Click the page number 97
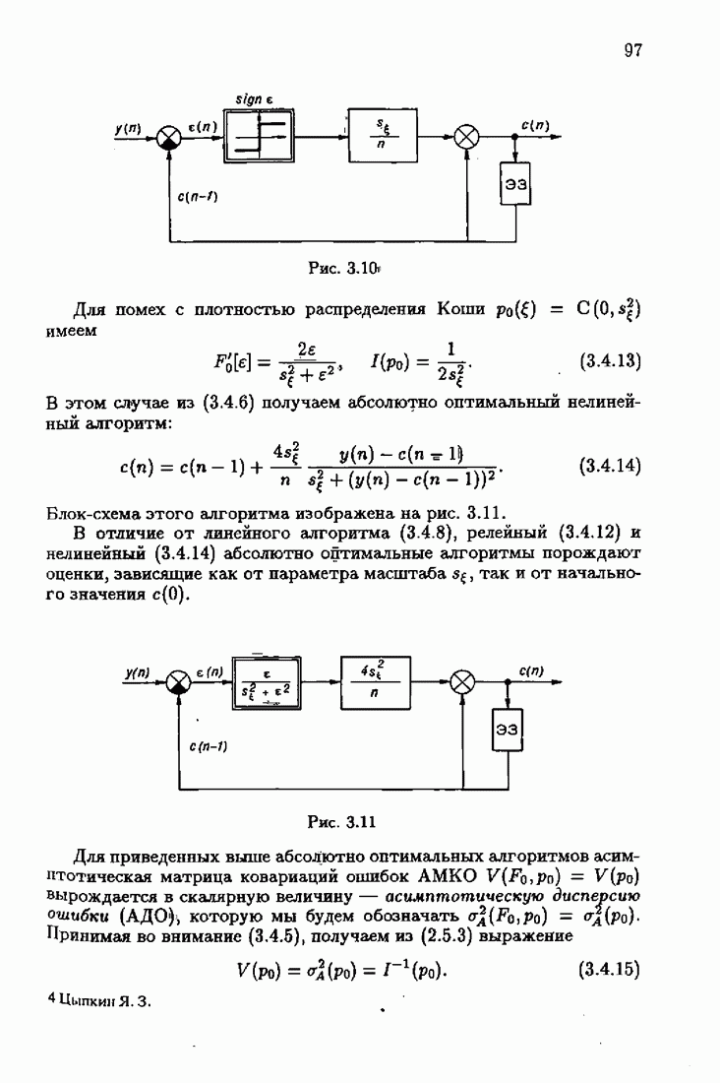tap(632, 50)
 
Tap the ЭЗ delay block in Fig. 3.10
tap(516, 183)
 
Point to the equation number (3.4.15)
tap(610, 970)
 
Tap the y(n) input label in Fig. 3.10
tap(128, 127)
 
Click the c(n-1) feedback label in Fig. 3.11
tap(208, 746)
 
